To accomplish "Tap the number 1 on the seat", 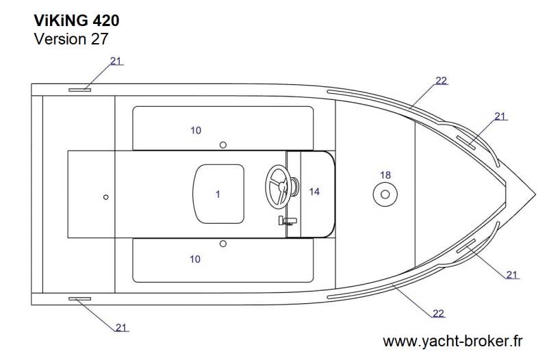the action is click(218, 194).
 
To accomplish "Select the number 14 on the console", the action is click(314, 192).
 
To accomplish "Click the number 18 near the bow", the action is click(385, 175).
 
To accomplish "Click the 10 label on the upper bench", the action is click(196, 131).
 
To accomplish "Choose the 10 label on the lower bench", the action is click(195, 259).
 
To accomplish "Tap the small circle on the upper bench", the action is click(223, 145).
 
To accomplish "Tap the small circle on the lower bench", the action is click(223, 244).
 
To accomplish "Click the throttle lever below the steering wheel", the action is click(288, 221).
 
